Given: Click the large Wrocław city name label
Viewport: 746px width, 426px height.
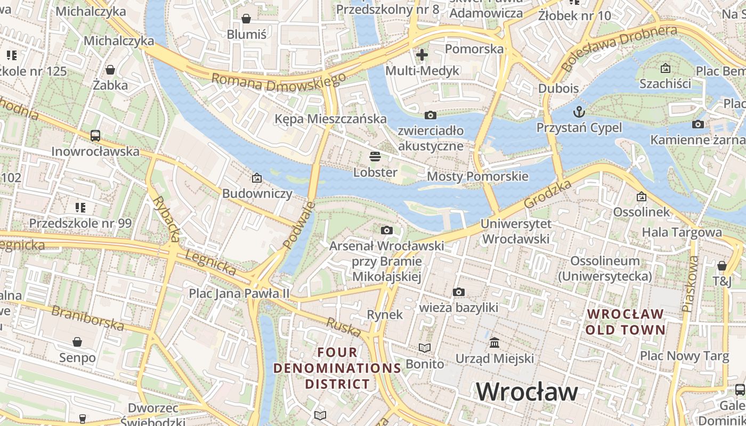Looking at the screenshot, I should pyautogui.click(x=526, y=392).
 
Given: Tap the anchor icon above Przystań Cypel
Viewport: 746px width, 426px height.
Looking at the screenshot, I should pyautogui.click(x=579, y=112).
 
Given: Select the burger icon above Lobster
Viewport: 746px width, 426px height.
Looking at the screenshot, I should pyautogui.click(x=375, y=157).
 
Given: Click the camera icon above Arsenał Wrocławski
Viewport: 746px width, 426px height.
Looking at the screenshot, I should pyautogui.click(x=387, y=230).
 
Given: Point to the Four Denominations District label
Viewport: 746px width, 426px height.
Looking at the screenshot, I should pyautogui.click(x=337, y=368).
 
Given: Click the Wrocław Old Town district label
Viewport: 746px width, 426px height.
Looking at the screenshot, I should pyautogui.click(x=626, y=322).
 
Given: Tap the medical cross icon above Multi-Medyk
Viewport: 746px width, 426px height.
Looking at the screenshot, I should pyautogui.click(x=422, y=54).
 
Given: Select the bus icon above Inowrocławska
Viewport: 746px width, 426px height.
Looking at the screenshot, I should pyautogui.click(x=95, y=136).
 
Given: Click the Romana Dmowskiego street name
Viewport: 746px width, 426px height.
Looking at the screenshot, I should pyautogui.click(x=278, y=83).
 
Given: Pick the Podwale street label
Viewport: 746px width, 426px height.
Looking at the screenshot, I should pyautogui.click(x=299, y=225).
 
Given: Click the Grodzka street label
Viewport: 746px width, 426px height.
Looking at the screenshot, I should pyautogui.click(x=547, y=194).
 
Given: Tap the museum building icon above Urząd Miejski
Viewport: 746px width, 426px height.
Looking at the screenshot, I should pyautogui.click(x=494, y=342).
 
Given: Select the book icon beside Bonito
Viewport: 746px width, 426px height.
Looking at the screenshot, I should pyautogui.click(x=424, y=348).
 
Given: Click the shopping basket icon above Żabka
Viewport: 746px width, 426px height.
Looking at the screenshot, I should pyautogui.click(x=110, y=70).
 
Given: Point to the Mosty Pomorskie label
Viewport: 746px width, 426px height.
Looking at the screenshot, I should pyautogui.click(x=477, y=176).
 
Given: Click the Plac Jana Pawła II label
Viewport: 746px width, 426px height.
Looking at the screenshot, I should pyautogui.click(x=239, y=293).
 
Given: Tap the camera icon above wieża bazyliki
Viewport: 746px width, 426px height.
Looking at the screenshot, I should pyautogui.click(x=458, y=292).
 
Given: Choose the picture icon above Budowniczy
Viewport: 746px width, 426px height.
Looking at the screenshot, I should pyautogui.click(x=257, y=177).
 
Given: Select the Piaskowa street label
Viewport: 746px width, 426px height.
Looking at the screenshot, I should pyautogui.click(x=690, y=284).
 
